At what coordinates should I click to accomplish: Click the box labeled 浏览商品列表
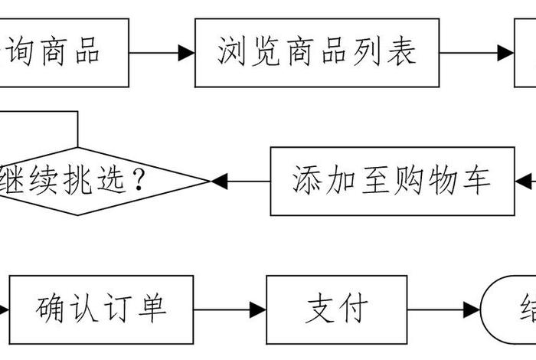pos(317,52)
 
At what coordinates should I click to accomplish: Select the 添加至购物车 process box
pos(391,181)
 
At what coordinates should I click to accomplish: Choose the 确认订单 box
pos(100,309)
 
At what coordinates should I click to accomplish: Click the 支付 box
pos(337,309)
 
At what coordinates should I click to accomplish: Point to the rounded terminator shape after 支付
pos(509,309)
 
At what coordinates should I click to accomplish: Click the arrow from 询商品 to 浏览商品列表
pos(162,53)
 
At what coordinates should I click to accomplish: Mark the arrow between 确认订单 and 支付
pos(229,310)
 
